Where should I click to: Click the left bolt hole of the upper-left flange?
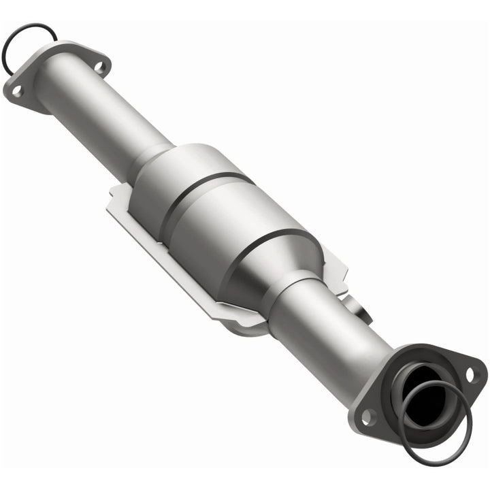point(16,89)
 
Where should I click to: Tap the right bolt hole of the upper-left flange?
point(99,67)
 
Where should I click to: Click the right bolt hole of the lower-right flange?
point(470,374)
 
